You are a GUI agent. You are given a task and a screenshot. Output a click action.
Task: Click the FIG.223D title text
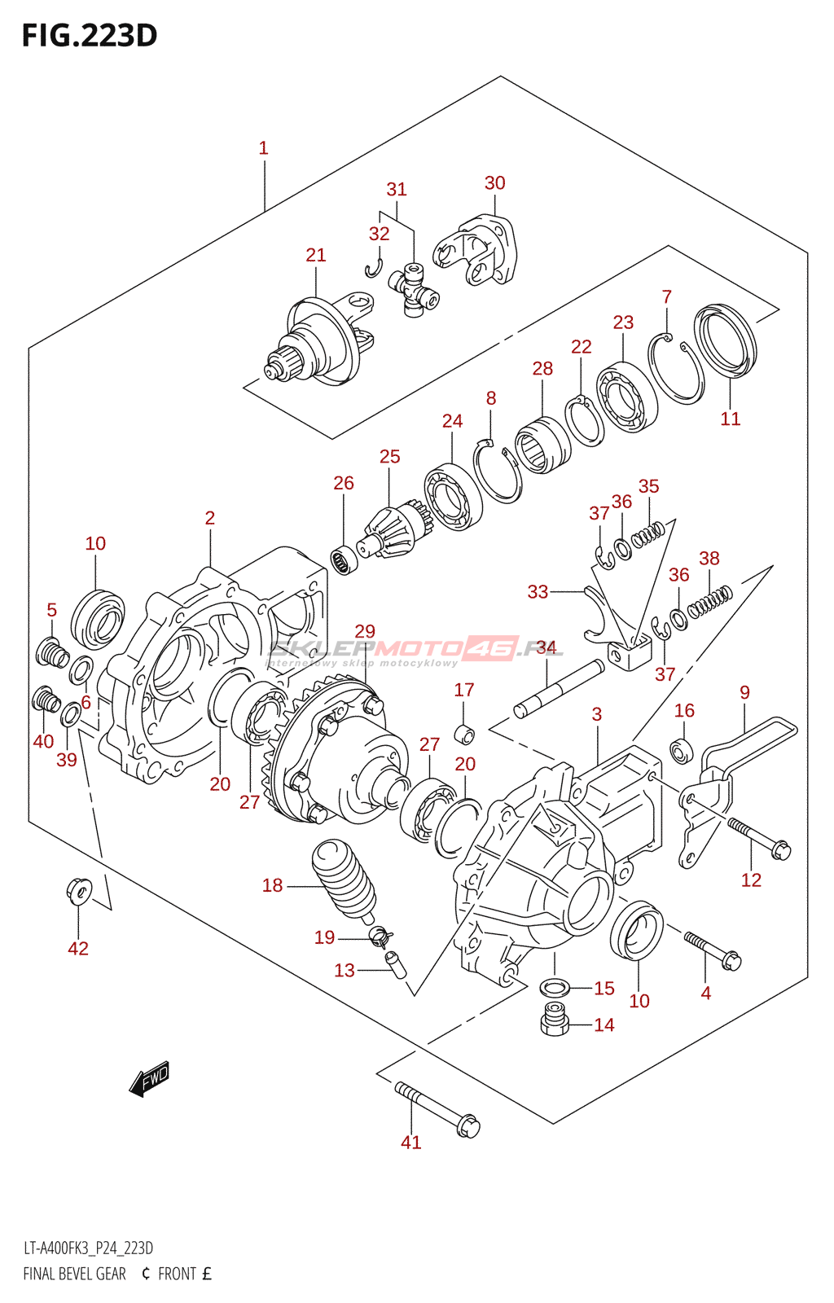90,35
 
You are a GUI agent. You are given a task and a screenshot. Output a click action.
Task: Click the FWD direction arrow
150,1079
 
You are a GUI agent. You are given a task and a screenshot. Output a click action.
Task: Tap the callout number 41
411,1143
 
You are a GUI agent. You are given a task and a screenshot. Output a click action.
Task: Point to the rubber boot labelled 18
345,880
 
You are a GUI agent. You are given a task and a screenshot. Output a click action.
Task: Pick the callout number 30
495,183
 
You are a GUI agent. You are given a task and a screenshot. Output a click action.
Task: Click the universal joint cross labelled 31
414,291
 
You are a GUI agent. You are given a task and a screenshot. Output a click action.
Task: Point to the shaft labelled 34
559,689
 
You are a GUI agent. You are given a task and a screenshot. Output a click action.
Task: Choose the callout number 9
744,692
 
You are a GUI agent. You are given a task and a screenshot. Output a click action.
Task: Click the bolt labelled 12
758,838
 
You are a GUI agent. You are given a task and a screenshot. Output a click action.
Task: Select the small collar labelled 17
464,734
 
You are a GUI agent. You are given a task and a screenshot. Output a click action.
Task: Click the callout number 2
210,518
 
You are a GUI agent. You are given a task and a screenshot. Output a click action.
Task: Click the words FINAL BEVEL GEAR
75,1274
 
